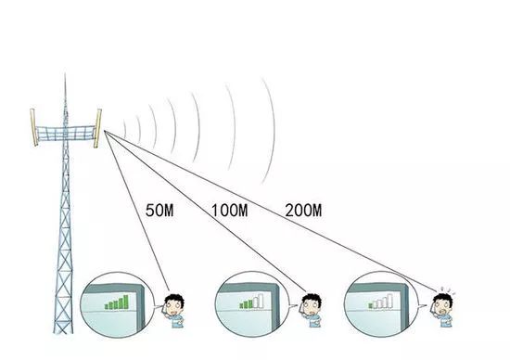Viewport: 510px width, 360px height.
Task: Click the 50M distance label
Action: point(159,210)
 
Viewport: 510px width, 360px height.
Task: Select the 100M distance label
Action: point(230,210)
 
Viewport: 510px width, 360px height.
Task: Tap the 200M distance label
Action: point(303,210)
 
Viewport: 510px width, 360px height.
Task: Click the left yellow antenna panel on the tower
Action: point(33,127)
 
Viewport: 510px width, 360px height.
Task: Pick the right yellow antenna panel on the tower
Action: point(97,128)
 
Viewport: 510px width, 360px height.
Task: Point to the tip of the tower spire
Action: point(65,73)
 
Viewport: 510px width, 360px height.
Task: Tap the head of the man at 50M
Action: point(174,304)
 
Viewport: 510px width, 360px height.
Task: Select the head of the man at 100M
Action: point(312,304)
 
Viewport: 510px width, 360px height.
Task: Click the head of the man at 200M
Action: point(442,304)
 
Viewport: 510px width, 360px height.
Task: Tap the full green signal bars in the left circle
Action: point(117,302)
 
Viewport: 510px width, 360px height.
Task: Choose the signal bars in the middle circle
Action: point(251,302)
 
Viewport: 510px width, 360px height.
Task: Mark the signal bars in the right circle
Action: point(381,302)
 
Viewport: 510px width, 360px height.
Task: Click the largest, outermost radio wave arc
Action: point(274,130)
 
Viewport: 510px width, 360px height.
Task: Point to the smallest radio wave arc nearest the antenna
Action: point(125,129)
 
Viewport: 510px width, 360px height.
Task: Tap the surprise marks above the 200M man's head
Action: point(447,290)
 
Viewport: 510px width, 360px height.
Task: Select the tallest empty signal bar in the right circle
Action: point(390,301)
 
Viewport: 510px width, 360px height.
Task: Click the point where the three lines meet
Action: point(105,131)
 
